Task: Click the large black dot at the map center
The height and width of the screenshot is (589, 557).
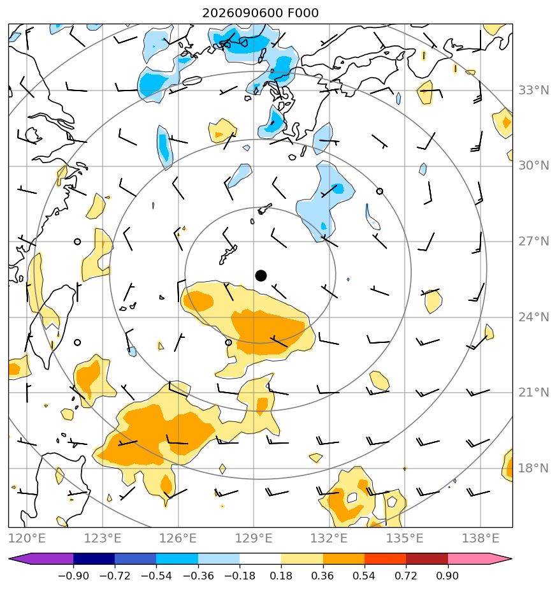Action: (x=261, y=276)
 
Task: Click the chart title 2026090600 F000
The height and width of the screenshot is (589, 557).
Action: (x=260, y=13)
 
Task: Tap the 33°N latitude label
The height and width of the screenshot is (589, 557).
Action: (x=533, y=91)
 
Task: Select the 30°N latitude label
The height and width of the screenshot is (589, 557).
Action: (x=533, y=166)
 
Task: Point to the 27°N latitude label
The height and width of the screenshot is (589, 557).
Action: (x=533, y=242)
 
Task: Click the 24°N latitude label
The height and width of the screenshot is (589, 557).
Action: (x=533, y=317)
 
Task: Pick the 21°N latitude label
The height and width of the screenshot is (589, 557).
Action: (x=533, y=393)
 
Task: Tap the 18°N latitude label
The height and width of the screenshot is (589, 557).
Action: (x=533, y=469)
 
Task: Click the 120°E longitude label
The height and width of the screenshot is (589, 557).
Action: (x=27, y=539)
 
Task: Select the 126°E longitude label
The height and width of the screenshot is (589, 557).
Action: (x=178, y=539)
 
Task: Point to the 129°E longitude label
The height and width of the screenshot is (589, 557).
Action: (x=254, y=539)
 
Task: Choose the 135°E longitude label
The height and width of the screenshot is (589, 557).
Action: (x=405, y=539)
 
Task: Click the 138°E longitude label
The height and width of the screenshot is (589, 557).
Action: (x=481, y=539)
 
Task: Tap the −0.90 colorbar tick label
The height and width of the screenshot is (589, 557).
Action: (x=73, y=576)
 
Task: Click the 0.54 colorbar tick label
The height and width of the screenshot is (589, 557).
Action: (x=364, y=576)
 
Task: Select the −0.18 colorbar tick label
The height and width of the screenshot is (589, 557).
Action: (x=240, y=576)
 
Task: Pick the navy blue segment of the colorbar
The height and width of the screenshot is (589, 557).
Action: (x=94, y=558)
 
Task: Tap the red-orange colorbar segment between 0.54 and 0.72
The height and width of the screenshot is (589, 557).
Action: (x=386, y=558)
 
